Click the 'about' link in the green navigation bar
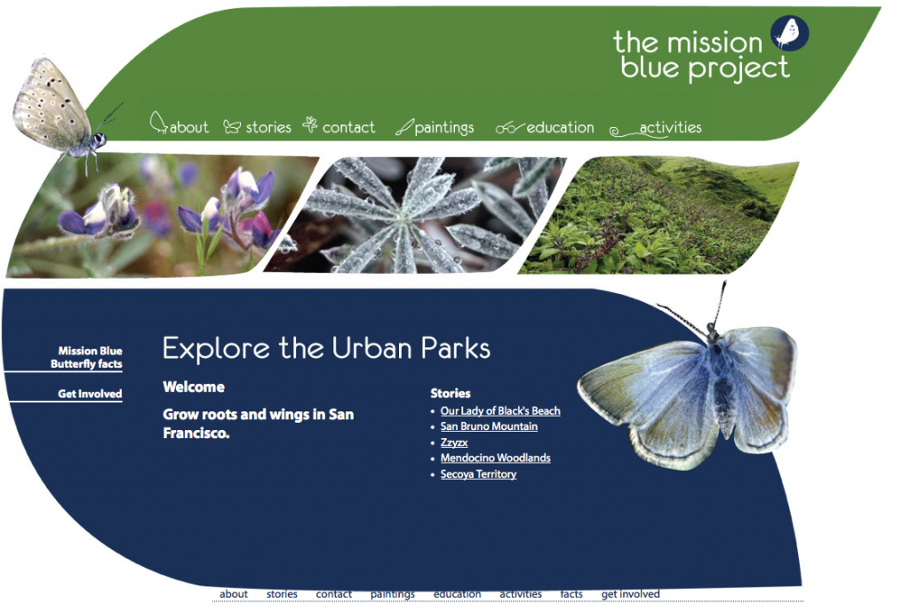(188, 127)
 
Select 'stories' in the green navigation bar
(268, 127)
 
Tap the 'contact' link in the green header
(348, 127)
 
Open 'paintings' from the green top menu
(444, 128)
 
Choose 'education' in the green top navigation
(560, 127)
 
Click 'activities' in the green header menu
(670, 127)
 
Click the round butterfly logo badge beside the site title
(790, 33)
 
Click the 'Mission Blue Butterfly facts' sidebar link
(86, 357)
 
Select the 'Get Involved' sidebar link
(90, 394)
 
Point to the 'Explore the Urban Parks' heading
(326, 348)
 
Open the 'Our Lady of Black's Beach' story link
(500, 410)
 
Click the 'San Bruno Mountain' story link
(489, 426)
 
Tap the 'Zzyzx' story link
(454, 442)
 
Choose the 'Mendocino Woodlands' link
(496, 458)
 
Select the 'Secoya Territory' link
(478, 474)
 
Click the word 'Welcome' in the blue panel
(194, 386)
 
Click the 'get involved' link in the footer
(630, 593)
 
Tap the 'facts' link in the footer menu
(571, 593)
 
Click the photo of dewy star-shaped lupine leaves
(415, 215)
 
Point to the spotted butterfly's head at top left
(100, 139)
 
